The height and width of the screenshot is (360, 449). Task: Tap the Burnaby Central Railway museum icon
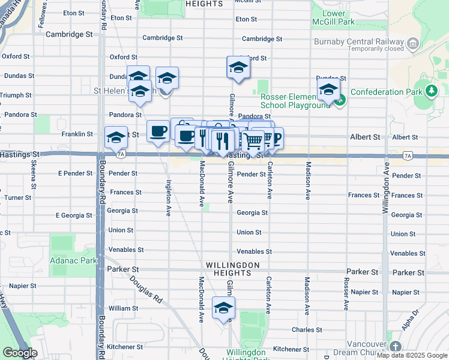[412, 43]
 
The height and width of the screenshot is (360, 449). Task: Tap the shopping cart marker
[253, 141]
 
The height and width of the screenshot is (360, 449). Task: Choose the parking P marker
[277, 137]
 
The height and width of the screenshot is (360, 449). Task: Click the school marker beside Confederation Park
[328, 91]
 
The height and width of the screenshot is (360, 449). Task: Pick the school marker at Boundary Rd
[116, 137]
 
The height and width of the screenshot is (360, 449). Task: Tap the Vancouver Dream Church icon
[395, 346]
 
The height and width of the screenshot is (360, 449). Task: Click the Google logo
[20, 353]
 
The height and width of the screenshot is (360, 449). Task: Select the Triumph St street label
[16, 95]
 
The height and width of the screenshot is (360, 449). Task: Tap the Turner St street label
[18, 197]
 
